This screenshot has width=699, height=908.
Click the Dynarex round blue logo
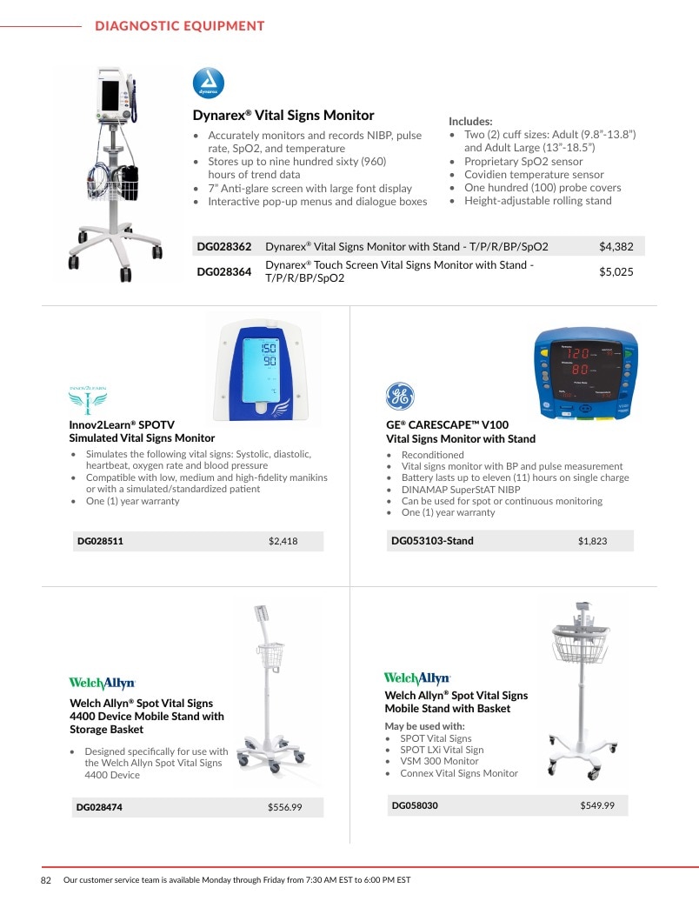(x=209, y=83)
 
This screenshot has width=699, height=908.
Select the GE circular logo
(x=400, y=396)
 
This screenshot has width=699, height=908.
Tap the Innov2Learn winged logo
(x=88, y=400)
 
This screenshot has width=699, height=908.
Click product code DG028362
(x=224, y=247)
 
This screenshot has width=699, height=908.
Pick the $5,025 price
(x=616, y=271)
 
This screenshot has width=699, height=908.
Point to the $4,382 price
(x=616, y=247)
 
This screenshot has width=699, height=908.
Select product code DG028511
(x=100, y=542)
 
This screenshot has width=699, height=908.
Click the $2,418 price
(x=283, y=542)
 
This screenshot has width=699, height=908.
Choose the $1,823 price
(x=593, y=541)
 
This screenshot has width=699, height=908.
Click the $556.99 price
(x=284, y=807)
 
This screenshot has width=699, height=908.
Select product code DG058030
(x=415, y=805)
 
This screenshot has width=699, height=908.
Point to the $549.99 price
(x=597, y=805)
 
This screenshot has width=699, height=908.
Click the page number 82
(x=46, y=880)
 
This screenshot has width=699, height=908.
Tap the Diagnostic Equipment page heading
(x=179, y=26)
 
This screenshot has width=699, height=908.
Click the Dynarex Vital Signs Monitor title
(x=283, y=115)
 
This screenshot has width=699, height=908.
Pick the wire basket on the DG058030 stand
(x=581, y=644)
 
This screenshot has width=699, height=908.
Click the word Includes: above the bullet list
(x=470, y=122)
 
